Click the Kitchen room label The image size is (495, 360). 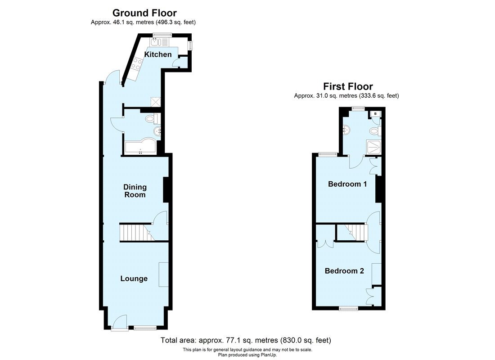pyautogui.click(x=157, y=54)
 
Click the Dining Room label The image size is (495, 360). pyautogui.click(x=135, y=191)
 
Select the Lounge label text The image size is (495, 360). pyautogui.click(x=134, y=279)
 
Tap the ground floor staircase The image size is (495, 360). pyautogui.click(x=133, y=233)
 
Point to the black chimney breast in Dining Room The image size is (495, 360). pyautogui.click(x=165, y=189)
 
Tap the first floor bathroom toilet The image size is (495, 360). pyautogui.click(x=374, y=131)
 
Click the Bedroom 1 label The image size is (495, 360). pyautogui.click(x=347, y=184)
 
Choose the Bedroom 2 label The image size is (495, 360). pyautogui.click(x=344, y=271)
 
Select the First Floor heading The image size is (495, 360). pyautogui.click(x=348, y=86)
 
